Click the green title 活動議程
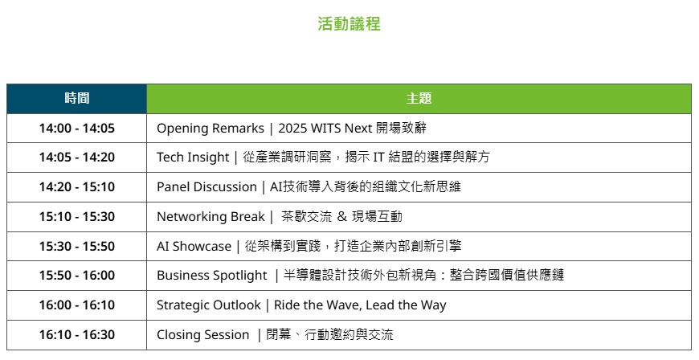point(349,23)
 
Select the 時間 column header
point(76,98)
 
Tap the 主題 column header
point(419,98)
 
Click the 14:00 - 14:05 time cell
point(76,128)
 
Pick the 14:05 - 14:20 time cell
point(76,157)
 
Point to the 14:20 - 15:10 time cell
point(76,187)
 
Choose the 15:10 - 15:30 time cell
point(76,216)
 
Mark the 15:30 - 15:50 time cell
point(76,246)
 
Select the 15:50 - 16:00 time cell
point(76,276)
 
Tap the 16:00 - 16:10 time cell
point(76,305)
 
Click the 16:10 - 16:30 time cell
point(76,334)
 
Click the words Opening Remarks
point(210,129)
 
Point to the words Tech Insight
point(193,157)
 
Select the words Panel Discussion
point(206,187)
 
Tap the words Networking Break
point(211,217)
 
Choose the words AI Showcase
point(194,246)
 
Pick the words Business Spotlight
point(212,276)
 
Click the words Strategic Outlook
point(208,305)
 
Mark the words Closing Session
point(202,335)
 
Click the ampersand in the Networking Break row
point(342,216)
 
